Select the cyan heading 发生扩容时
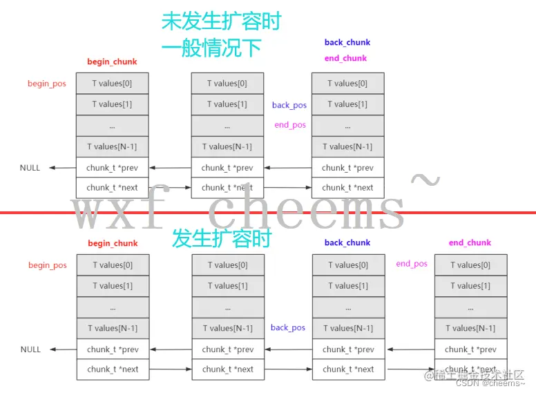221,239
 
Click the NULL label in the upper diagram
30,168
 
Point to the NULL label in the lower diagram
30,349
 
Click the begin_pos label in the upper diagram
47,84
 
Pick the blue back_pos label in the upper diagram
289,105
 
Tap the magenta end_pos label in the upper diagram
289,125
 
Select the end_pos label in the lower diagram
412,263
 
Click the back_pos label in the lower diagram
288,327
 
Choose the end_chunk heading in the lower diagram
470,242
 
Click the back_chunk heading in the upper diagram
347,42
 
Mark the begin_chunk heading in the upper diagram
112,61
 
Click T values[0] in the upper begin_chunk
112,84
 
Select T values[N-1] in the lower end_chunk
470,328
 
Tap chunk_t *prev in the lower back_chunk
348,349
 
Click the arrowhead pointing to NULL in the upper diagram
53,168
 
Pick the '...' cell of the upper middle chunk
227,126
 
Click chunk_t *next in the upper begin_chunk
112,187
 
